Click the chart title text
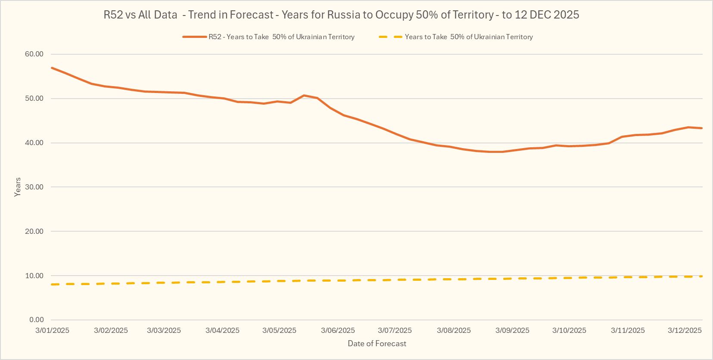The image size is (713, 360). (341, 15)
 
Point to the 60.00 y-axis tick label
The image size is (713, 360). (34, 54)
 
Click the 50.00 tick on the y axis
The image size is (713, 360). (34, 99)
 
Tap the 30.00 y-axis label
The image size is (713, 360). (34, 187)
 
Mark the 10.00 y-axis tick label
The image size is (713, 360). (34, 276)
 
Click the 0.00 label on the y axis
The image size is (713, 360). (36, 320)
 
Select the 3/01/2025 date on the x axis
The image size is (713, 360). (52, 331)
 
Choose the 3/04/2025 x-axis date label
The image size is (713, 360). (222, 331)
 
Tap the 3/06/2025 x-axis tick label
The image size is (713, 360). (338, 331)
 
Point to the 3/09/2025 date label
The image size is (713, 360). (512, 331)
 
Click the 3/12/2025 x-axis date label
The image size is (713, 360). (685, 331)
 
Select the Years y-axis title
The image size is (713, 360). (18, 187)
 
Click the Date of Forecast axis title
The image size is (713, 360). (377, 344)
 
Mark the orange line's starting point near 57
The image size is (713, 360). (52, 68)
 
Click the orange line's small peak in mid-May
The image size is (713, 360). (304, 95)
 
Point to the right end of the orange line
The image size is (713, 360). (702, 128)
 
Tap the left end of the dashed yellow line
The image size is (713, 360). (52, 284)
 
